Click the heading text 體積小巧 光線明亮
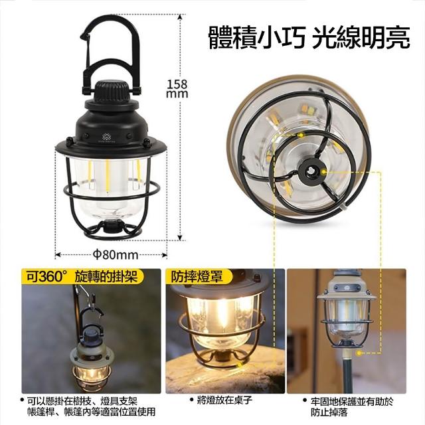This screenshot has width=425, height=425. click(309, 37)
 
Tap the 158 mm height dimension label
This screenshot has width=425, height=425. click(177, 89)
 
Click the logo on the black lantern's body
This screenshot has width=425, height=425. click(105, 137)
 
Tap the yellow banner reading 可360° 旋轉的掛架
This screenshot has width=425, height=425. click(82, 276)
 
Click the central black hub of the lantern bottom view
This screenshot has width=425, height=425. click(309, 170)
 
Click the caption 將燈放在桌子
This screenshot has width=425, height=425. click(222, 400)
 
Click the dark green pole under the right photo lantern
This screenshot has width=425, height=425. click(347, 373)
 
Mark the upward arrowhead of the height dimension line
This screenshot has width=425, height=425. click(179, 17)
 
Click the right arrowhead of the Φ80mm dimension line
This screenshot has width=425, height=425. click(164, 255)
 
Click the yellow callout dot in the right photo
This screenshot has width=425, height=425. click(359, 353)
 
